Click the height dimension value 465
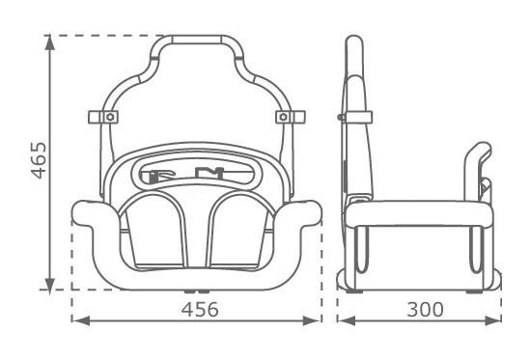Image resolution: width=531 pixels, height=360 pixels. click(x=39, y=160)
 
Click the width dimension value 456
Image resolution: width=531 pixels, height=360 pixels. click(x=200, y=310)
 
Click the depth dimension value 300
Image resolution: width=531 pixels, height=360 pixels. click(x=425, y=310)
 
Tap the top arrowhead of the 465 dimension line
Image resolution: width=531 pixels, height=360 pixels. click(x=50, y=42)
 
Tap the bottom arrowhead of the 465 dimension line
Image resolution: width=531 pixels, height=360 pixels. click(x=50, y=287)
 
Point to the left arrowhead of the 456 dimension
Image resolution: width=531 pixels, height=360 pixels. click(x=80, y=320)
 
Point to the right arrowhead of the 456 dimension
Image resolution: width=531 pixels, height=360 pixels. click(x=312, y=320)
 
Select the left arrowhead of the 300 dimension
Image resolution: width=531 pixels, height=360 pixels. click(x=347, y=320)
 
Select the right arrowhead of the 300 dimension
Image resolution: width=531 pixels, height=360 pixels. click(x=493, y=320)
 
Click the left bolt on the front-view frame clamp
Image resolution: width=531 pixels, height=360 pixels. click(x=110, y=117)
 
